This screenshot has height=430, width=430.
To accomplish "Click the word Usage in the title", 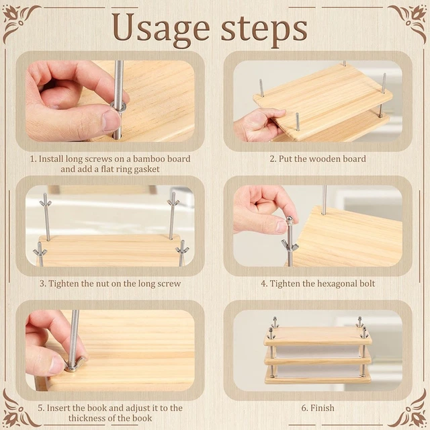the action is (x=161, y=28).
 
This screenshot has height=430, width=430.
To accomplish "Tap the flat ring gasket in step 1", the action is (x=118, y=106).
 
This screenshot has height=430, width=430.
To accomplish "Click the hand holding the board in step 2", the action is (x=259, y=124).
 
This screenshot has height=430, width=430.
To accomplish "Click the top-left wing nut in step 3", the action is (x=45, y=202).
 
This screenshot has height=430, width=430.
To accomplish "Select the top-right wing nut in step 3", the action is (x=173, y=202).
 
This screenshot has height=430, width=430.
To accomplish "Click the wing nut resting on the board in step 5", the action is (x=75, y=364).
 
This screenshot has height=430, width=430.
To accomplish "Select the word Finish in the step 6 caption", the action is (x=322, y=408).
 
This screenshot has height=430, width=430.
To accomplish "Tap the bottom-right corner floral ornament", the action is (x=411, y=411).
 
